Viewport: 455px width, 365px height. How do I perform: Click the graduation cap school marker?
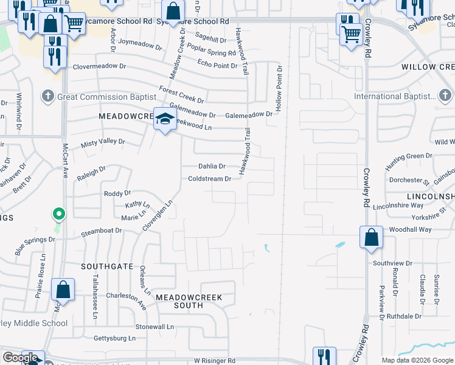pyautogui.click(x=164, y=119)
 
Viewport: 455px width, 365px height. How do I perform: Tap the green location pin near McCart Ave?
pyautogui.click(x=58, y=214)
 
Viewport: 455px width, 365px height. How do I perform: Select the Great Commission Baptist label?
pyautogui.click(x=102, y=97)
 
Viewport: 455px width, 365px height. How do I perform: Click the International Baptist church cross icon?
pyautogui.click(x=445, y=96)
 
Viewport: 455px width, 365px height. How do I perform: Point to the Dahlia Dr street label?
pyautogui.click(x=212, y=166)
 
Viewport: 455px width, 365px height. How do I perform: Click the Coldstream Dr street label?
pyautogui.click(x=209, y=179)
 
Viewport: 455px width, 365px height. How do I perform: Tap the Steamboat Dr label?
pyautogui.click(x=102, y=231)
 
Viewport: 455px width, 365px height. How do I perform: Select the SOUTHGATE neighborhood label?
pyautogui.click(x=108, y=266)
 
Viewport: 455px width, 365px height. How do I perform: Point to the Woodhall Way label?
pyautogui.click(x=411, y=229)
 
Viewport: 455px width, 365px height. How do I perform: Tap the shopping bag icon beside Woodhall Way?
pyautogui.click(x=371, y=237)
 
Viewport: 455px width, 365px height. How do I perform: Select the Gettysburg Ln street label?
pyautogui.click(x=114, y=338)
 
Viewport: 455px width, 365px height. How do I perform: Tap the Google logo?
pyautogui.click(x=20, y=358)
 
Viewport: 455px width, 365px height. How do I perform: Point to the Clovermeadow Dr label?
pyautogui.click(x=100, y=67)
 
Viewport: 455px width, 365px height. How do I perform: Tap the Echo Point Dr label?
pyautogui.click(x=217, y=65)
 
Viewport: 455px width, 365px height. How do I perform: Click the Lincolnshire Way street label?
pyautogui.click(x=399, y=206)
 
